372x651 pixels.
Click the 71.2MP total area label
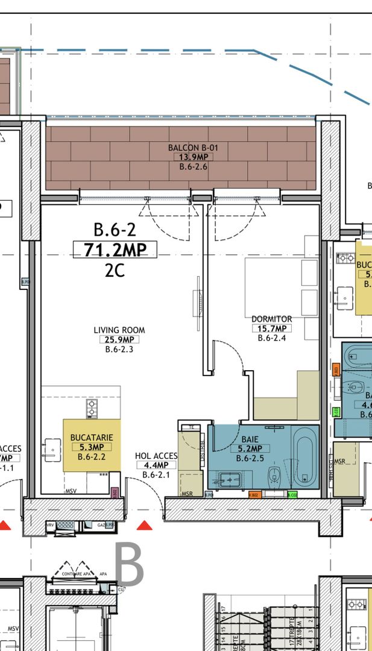[115, 250]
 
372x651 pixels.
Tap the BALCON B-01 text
[193, 148]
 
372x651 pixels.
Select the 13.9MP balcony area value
[193, 157]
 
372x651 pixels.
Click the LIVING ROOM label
[119, 330]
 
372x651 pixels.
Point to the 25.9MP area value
[119, 339]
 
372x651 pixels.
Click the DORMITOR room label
[272, 319]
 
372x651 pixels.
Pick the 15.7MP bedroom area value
[272, 329]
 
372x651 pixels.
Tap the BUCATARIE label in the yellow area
[92, 437]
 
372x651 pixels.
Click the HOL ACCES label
[156, 456]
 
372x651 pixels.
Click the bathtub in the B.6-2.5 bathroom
[304, 456]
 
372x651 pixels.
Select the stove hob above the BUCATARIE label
[91, 409]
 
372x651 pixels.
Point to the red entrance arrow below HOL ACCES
[143, 526]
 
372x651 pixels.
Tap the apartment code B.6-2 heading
[115, 230]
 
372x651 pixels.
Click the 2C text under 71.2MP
[115, 271]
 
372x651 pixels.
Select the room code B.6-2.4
[272, 338]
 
